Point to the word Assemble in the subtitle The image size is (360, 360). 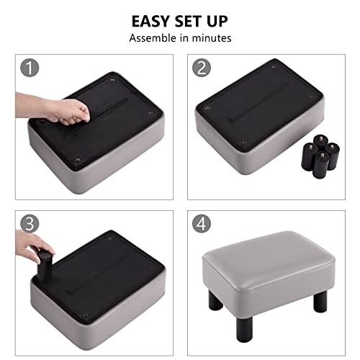click(153, 37)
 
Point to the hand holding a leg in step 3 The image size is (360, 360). click(32, 253)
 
